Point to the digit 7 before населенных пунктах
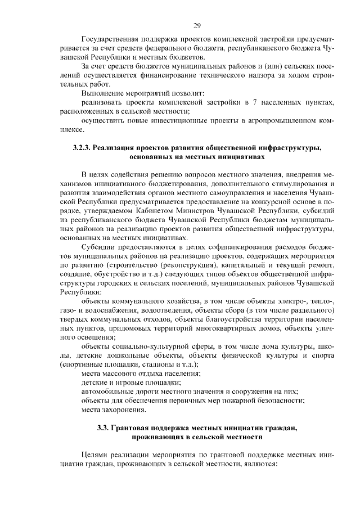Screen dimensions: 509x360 (x=254, y=103)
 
